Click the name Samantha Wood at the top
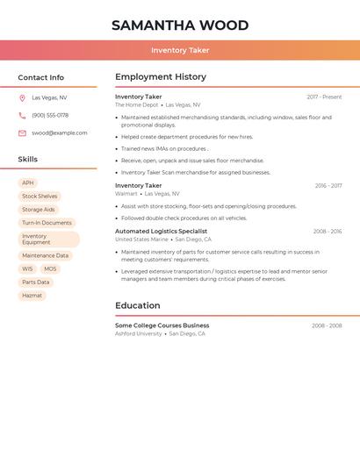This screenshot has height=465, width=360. tap(180, 25)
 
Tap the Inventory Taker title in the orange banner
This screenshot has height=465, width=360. tap(180, 51)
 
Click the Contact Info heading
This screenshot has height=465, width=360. tap(41, 77)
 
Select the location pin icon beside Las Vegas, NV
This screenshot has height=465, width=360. tap(22, 98)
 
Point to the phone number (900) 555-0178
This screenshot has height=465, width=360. tap(50, 116)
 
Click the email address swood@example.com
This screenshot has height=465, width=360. tap(60, 133)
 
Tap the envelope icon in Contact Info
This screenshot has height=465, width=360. tap(22, 133)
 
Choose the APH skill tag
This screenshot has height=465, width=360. tap(28, 183)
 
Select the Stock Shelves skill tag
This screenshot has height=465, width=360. tap(40, 197)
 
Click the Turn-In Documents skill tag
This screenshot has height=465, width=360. tap(47, 223)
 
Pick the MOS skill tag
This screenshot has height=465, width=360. tap(50, 269)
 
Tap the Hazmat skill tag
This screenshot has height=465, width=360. tap(32, 296)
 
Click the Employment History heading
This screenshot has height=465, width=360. tap(161, 77)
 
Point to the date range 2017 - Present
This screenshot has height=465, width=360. tap(324, 97)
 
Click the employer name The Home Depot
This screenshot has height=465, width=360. tap(137, 105)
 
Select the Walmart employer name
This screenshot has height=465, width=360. tap(126, 194)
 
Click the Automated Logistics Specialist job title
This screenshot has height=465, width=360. tap(161, 232)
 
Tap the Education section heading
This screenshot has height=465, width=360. tap(138, 306)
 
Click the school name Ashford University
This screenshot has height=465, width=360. tap(139, 334)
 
